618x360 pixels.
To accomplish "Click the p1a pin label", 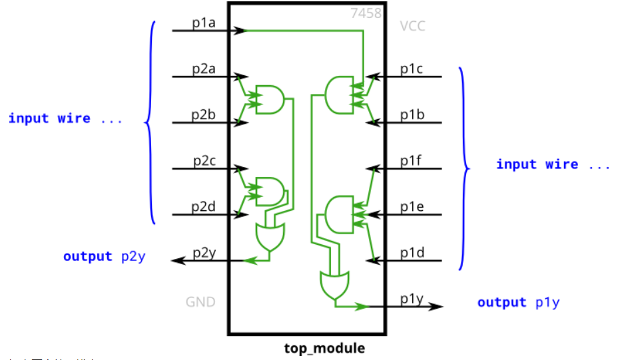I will point(204,23).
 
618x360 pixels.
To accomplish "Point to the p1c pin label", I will point(412,69).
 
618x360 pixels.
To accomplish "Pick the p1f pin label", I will point(411,161).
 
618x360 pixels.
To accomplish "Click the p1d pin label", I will point(412,253).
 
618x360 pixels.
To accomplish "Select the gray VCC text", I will point(412,27).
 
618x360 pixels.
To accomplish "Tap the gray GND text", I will point(200,302).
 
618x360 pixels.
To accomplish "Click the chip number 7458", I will point(366,13).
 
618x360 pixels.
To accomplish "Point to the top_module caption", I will point(324,348).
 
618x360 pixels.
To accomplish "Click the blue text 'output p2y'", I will point(104,256).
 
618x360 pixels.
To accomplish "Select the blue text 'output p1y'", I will point(518,302).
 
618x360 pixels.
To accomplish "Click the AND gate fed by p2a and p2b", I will point(270,98).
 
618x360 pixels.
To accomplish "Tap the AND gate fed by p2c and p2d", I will point(270,190).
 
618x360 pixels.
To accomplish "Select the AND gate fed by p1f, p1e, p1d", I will point(339,214).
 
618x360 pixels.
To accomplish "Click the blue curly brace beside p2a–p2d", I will point(150,122).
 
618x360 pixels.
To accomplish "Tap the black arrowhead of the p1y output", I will point(437,306).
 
